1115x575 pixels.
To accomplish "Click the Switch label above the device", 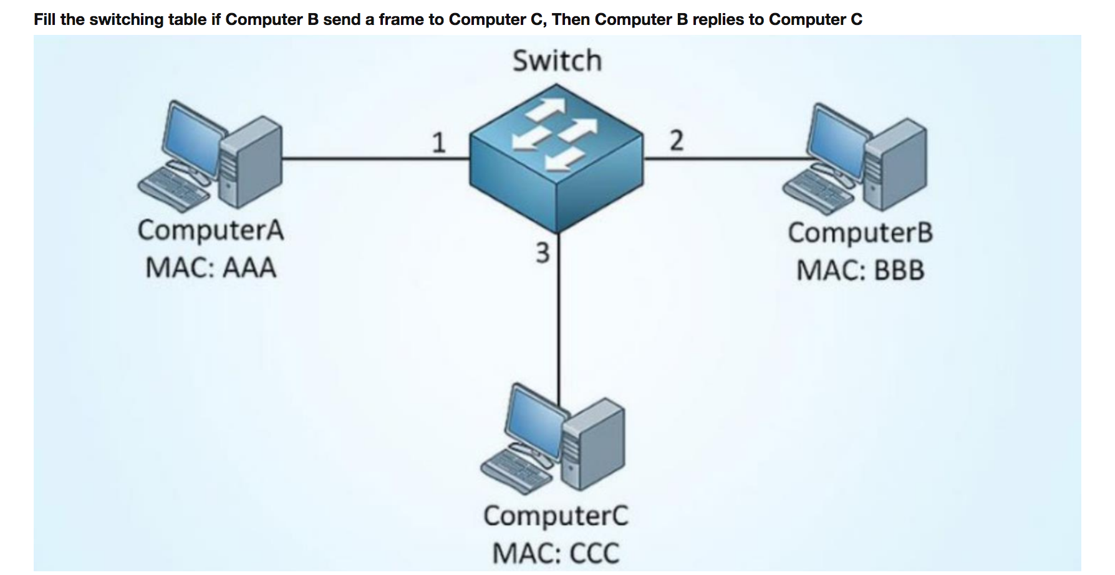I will [557, 61].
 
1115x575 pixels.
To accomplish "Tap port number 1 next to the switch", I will [439, 143].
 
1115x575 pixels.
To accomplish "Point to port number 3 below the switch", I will [543, 253].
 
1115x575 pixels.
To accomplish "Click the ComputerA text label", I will [211, 230].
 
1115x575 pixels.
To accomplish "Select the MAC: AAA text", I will [211, 268].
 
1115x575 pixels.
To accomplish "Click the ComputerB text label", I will [860, 233].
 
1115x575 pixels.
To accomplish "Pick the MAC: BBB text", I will [860, 271].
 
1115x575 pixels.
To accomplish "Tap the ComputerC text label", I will [556, 516].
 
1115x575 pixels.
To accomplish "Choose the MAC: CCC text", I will [556, 553].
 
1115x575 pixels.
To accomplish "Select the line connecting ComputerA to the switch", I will [374, 159].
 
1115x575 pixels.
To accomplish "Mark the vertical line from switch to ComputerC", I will [558, 324].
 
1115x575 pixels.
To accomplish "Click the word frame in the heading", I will [401, 19].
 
